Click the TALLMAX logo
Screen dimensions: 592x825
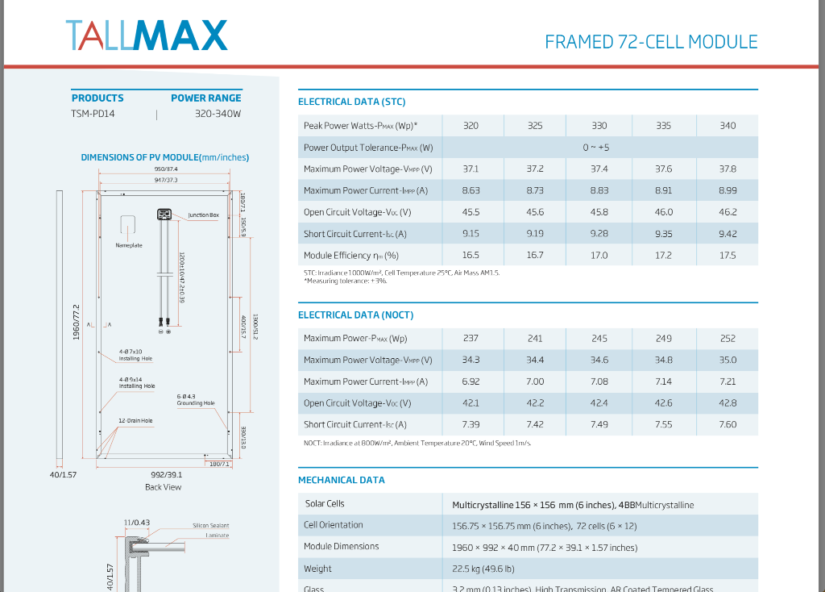pyautogui.click(x=146, y=35)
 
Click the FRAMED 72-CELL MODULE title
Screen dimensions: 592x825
pyautogui.click(x=651, y=42)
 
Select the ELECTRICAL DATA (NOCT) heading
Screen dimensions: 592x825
pyautogui.click(x=355, y=315)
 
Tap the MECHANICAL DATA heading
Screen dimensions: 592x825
pyautogui.click(x=342, y=480)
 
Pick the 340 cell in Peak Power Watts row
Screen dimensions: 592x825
pyautogui.click(x=728, y=126)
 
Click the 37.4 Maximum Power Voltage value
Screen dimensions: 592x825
pyautogui.click(x=599, y=169)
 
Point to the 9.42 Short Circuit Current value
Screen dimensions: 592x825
pyautogui.click(x=728, y=234)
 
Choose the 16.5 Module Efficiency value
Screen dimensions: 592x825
pyautogui.click(x=471, y=256)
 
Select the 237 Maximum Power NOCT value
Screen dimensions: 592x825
pyautogui.click(x=471, y=339)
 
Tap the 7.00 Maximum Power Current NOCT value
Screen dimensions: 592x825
pyautogui.click(x=535, y=381)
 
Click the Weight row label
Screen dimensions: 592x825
pyautogui.click(x=317, y=569)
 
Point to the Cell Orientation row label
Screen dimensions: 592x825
pyautogui.click(x=333, y=525)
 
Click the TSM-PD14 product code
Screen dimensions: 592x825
pyautogui.click(x=93, y=114)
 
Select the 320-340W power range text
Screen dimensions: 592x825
pyautogui.click(x=218, y=114)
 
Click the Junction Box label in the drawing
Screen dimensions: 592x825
pyautogui.click(x=203, y=215)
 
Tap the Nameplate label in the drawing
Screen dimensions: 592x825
pyautogui.click(x=129, y=245)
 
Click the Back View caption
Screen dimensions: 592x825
pyautogui.click(x=164, y=487)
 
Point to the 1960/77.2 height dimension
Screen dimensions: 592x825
pyautogui.click(x=77, y=323)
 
